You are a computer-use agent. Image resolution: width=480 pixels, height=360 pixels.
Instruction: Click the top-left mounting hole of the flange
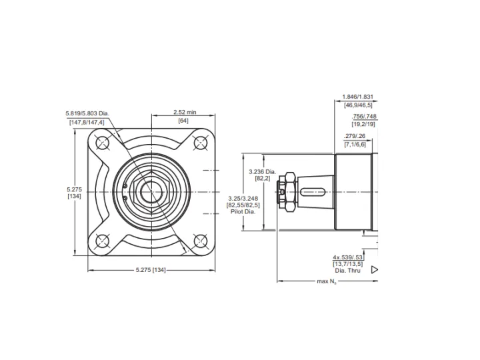coord(102,143)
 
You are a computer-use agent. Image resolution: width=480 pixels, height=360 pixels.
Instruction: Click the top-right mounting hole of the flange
coord(200,143)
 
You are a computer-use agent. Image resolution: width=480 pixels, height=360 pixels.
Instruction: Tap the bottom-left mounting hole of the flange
coord(102,241)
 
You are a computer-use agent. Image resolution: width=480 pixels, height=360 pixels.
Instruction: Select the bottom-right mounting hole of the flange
coord(200,241)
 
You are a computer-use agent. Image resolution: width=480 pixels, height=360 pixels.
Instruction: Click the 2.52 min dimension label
coord(185,112)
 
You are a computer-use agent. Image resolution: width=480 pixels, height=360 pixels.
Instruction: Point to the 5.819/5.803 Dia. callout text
coord(87,113)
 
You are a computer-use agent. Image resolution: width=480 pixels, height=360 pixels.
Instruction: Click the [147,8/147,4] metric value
coord(87,123)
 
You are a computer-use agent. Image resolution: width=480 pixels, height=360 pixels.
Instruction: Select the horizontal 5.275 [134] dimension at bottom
coord(151,270)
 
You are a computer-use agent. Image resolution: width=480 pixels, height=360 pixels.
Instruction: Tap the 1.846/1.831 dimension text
coord(358,97)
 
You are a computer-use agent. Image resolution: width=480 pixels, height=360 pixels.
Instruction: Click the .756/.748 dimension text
coord(364,116)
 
